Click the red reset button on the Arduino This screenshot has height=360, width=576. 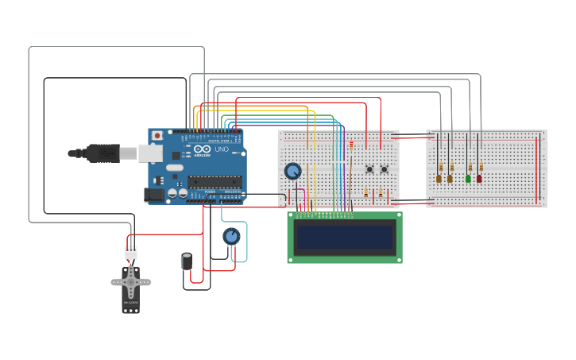[157, 136]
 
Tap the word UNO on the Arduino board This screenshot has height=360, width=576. [222, 149]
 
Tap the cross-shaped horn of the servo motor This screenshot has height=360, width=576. [130, 280]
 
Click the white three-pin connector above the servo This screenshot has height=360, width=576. [130, 253]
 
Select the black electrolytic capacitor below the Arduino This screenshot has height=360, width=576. [187, 261]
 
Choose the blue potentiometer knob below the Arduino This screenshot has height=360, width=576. [231, 236]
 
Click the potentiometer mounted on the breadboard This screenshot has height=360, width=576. [292, 171]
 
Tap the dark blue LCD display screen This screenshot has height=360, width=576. [345, 237]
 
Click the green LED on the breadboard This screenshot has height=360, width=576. [468, 179]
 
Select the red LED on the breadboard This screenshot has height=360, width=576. [479, 179]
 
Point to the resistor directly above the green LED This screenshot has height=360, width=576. [470, 167]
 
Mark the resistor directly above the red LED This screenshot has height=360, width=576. [481, 167]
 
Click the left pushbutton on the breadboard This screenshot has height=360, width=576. [369, 168]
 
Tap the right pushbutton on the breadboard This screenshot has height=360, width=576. [384, 168]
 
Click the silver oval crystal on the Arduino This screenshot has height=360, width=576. [175, 167]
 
